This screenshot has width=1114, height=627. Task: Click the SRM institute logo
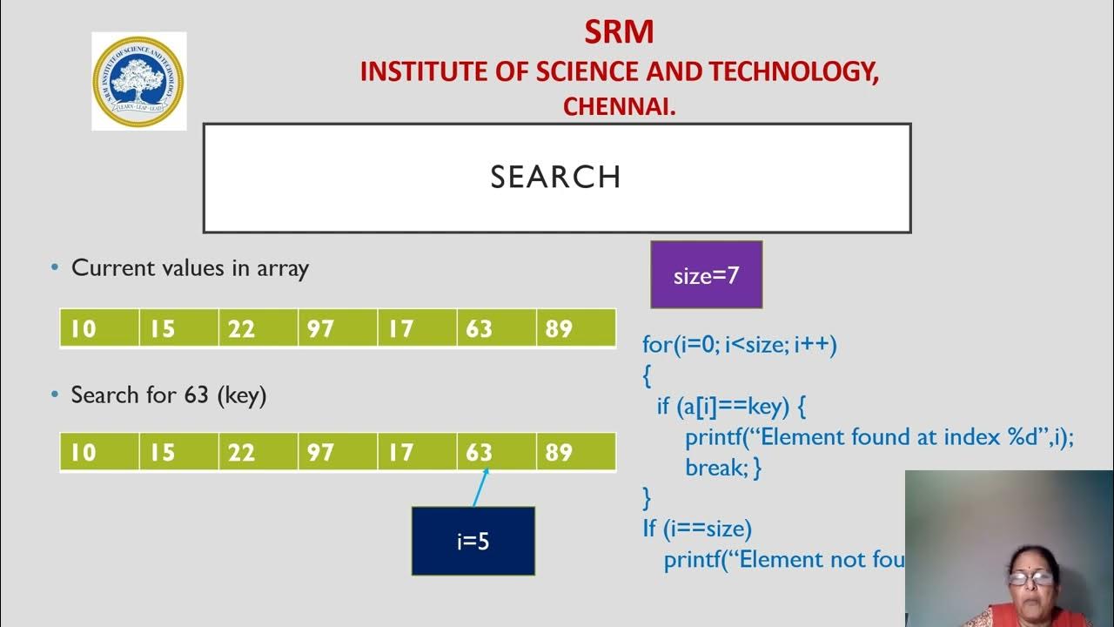click(139, 82)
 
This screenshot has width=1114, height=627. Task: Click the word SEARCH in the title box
click(555, 178)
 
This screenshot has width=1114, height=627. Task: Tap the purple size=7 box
click(706, 276)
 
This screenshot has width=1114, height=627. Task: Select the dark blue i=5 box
click(473, 541)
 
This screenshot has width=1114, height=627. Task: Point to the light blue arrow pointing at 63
click(480, 488)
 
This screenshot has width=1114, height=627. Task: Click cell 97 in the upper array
click(338, 328)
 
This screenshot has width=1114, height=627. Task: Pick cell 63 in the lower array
click(496, 452)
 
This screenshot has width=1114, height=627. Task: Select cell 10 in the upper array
click(99, 328)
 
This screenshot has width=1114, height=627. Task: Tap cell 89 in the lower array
click(575, 452)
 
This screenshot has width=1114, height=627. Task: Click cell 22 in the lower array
click(258, 452)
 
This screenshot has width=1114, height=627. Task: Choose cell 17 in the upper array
click(417, 328)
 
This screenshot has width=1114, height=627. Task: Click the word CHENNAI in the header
click(619, 106)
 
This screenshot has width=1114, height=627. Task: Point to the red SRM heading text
click(619, 32)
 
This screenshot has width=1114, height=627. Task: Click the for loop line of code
click(739, 344)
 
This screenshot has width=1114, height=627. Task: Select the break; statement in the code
click(722, 468)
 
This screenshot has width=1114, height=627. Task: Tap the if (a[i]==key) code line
click(731, 406)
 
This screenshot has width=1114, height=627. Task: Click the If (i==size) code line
click(696, 528)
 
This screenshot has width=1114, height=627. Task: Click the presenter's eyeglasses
click(1030, 576)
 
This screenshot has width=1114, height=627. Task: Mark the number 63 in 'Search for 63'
click(196, 395)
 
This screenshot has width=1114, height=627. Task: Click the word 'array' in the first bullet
click(282, 268)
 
